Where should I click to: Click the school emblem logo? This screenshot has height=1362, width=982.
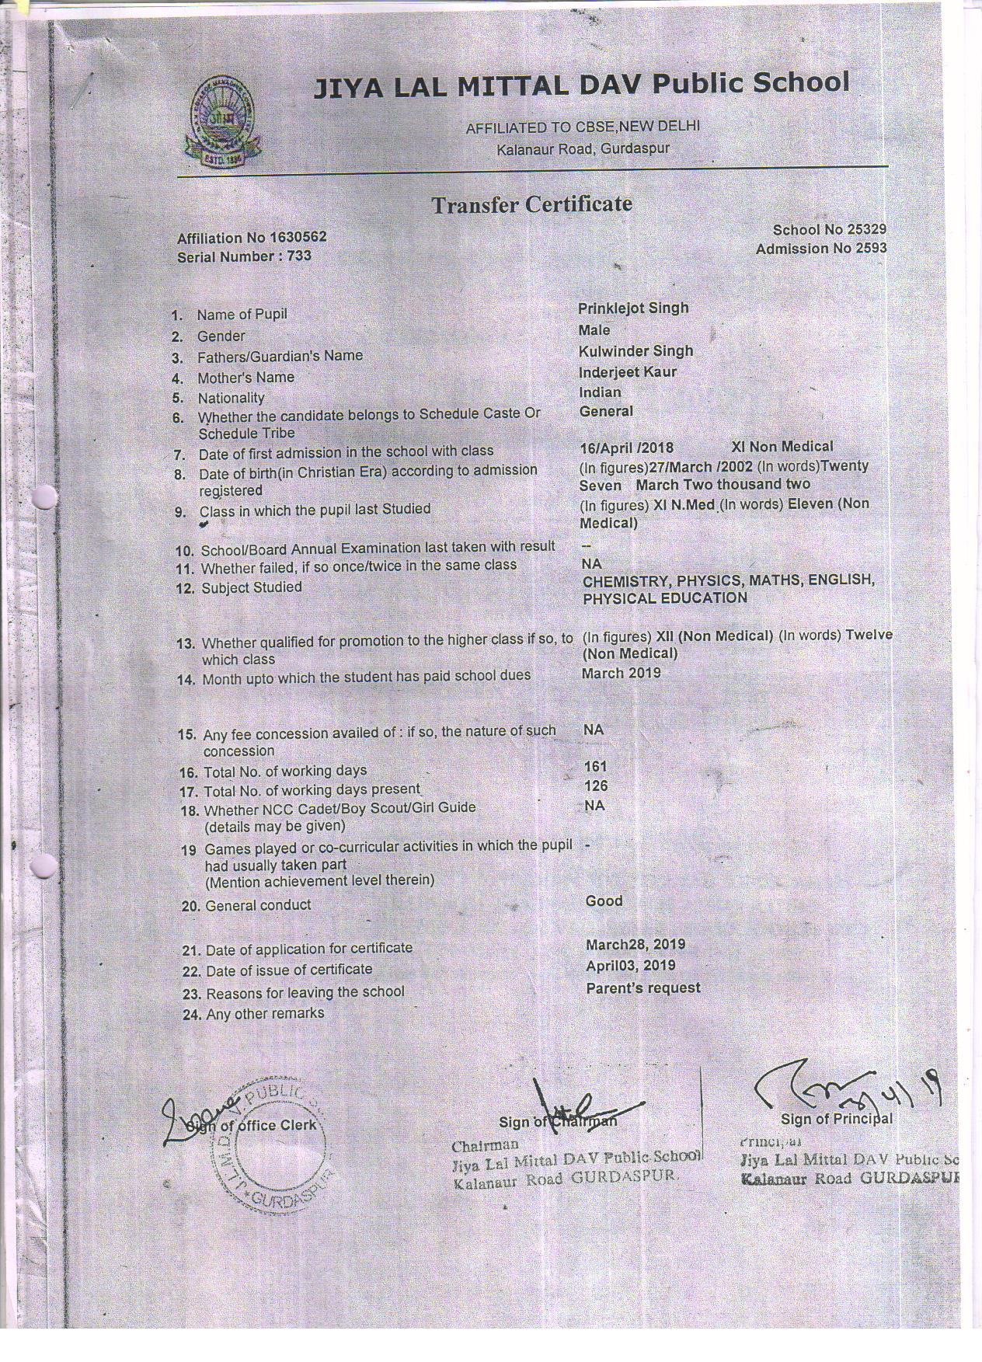[223, 120]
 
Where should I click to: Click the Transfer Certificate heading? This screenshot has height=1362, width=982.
[531, 204]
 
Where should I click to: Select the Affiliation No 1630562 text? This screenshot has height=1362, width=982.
[252, 237]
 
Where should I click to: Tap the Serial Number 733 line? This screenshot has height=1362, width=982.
[244, 256]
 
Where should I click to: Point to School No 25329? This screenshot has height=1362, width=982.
[829, 229]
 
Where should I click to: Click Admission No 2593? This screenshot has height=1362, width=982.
[820, 249]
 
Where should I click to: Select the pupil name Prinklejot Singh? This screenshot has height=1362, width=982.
[633, 308]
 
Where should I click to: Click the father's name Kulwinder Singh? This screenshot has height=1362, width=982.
[636, 351]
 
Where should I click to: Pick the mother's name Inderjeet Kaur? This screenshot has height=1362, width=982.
[628, 372]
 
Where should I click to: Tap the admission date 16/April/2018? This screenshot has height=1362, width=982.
[626, 448]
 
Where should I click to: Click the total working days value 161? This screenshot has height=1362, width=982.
[595, 767]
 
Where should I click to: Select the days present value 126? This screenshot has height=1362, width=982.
[595, 786]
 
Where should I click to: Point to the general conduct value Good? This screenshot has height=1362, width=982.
[604, 901]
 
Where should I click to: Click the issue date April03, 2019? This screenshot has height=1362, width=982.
[630, 966]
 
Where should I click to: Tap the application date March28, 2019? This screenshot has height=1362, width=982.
[635, 945]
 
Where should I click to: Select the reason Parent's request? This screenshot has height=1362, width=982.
[642, 988]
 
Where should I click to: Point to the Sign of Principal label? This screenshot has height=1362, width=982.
[836, 1120]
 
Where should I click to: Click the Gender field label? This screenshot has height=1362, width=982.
[221, 336]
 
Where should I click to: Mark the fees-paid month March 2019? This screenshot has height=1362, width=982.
[621, 674]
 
